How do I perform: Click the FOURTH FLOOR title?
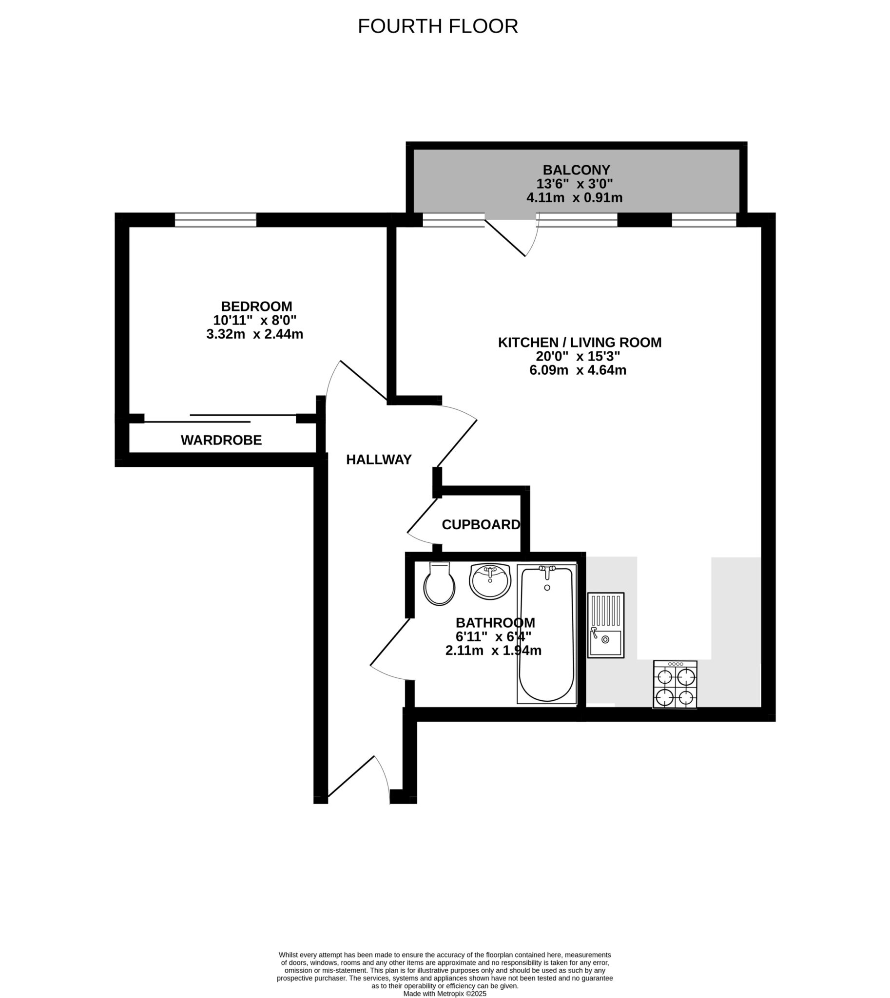pyautogui.click(x=438, y=26)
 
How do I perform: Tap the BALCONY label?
pyautogui.click(x=577, y=170)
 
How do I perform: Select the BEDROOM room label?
pyautogui.click(x=256, y=307)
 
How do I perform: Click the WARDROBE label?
pyautogui.click(x=221, y=441)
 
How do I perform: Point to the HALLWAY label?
pyautogui.click(x=379, y=460)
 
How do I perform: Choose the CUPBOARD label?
pyautogui.click(x=481, y=525)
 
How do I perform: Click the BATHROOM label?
pyautogui.click(x=495, y=623)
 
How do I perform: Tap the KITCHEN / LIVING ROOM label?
pyautogui.click(x=580, y=342)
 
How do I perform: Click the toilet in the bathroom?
pyautogui.click(x=439, y=584)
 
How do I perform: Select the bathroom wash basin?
pyautogui.click(x=490, y=580)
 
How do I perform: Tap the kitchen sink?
pyautogui.click(x=605, y=625)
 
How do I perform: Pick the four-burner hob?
pyautogui.click(x=675, y=685)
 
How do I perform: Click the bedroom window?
pyautogui.click(x=215, y=220)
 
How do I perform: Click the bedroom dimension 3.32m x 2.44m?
pyautogui.click(x=254, y=334)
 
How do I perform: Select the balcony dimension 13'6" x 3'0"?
pyautogui.click(x=575, y=184)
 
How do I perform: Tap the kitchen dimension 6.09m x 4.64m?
pyautogui.click(x=578, y=370)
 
